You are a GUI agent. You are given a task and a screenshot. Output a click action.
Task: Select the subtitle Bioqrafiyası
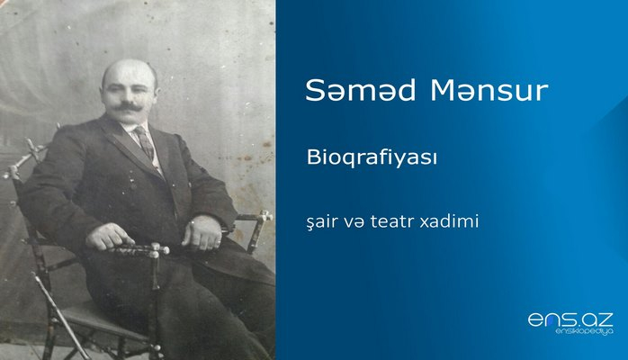coord(359,158)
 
